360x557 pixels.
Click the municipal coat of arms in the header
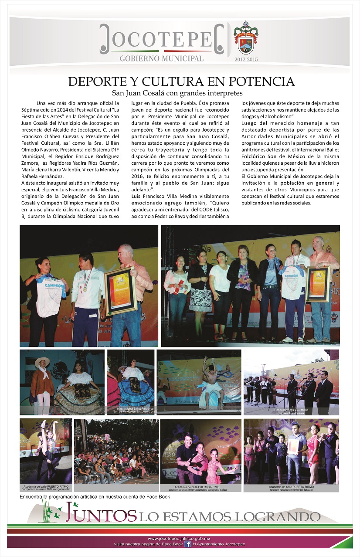246,38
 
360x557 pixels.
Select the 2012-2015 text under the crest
246,59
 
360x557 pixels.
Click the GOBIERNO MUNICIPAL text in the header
161,58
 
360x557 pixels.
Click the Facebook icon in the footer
187,544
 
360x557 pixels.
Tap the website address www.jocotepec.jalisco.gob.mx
180,539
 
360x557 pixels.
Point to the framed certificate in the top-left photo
120,291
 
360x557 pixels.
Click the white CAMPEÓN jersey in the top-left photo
49,296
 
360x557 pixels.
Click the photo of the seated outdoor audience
116,451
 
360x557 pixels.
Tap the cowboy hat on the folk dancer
42,360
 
